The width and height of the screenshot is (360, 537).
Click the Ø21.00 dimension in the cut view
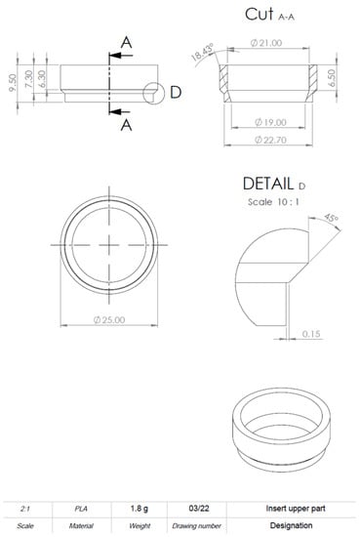pos(265,43)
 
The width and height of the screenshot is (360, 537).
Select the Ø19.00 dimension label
pos(268,122)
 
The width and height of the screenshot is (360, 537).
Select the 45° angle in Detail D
pos(332,219)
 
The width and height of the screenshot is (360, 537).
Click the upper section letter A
pos(126,41)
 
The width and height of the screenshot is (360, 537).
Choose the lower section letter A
pos(126,125)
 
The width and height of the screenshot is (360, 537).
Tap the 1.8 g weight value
pos(140,509)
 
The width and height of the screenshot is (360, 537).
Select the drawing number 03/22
pos(198,509)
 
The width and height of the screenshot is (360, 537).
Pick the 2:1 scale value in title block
pos(25,509)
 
